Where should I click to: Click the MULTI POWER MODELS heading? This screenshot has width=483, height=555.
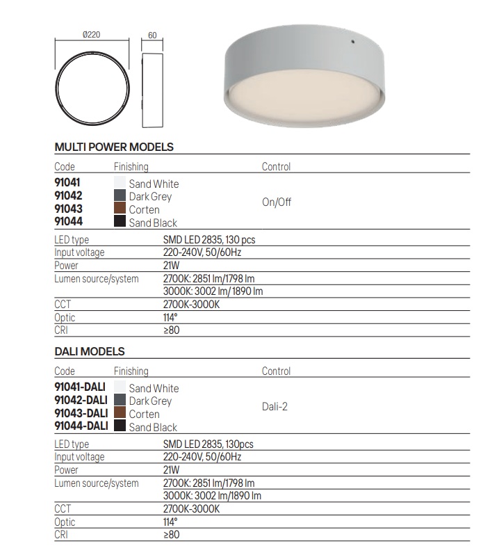114,147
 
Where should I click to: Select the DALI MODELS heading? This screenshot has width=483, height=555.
90,352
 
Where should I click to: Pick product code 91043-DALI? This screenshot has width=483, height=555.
81,414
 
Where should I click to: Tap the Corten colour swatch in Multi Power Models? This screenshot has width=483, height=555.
120,209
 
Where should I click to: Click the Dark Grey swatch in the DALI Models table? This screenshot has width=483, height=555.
120,401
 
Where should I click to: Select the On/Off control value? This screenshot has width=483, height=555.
276,203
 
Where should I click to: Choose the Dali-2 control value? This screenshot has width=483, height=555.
275,407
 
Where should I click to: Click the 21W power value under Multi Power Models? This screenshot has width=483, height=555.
170,266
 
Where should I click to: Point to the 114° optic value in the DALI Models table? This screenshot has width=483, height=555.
170,522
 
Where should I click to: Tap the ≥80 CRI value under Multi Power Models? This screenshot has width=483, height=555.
170,330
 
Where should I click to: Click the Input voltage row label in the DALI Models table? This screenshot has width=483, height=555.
79,457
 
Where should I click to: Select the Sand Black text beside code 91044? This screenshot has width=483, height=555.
153,223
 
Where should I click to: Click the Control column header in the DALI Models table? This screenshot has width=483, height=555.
276,371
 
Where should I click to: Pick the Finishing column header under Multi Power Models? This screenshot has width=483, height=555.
131,167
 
